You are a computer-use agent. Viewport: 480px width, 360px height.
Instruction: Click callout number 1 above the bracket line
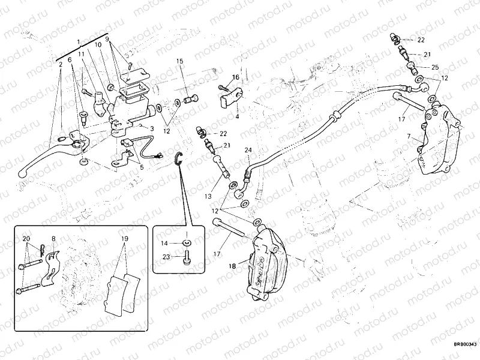point(79,41)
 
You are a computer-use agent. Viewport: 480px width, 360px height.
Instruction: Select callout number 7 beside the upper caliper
point(409,137)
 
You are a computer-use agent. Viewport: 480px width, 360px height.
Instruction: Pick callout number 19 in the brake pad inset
point(124,238)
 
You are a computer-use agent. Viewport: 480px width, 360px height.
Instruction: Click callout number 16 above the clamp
point(236,77)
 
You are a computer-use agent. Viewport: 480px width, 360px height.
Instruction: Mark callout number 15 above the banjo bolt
point(179,61)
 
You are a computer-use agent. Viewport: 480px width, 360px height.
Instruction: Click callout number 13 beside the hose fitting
point(209,196)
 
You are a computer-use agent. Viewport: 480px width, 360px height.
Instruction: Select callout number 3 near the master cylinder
point(152,129)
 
